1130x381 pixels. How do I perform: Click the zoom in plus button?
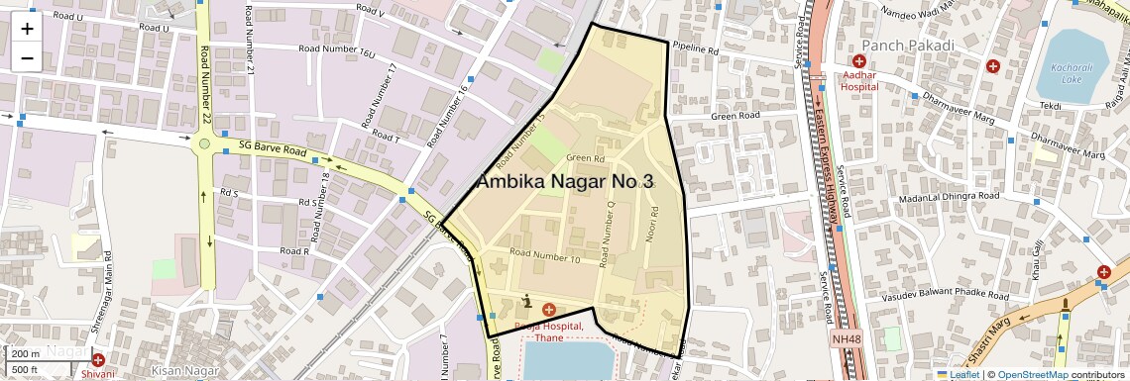click(27, 29)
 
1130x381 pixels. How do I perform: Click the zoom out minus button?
click(27, 57)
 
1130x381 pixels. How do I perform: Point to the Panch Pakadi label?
click(908, 46)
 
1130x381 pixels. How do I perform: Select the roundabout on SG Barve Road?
click(204, 144)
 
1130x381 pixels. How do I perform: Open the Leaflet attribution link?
click(964, 374)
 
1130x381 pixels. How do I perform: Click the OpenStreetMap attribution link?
click(1033, 374)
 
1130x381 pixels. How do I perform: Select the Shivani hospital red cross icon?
click(97, 359)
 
